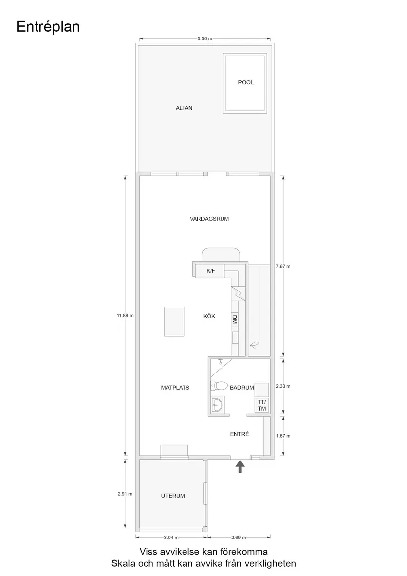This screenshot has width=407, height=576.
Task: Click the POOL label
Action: [245, 82]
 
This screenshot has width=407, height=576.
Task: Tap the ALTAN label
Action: [184, 108]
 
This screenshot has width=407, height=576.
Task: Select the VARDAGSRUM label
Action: [210, 219]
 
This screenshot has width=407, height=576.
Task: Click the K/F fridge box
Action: [210, 271]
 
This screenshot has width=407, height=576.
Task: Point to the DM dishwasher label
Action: [235, 319]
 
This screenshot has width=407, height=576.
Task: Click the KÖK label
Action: [209, 316]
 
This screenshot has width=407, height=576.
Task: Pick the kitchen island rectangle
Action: [174, 321]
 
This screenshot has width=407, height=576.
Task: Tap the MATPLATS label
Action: [175, 388]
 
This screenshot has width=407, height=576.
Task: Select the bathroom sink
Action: [216, 405]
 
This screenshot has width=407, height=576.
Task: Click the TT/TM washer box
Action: [261, 405]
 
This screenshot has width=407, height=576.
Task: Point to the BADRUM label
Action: [242, 388]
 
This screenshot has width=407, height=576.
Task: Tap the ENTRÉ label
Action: [240, 434]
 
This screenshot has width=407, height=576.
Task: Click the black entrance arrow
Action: [240, 466]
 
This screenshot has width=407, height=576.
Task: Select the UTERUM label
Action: [173, 496]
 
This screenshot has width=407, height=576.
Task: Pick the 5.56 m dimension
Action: [204, 38]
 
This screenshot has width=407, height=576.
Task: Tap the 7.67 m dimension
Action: [283, 266]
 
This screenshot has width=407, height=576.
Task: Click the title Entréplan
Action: [48, 27]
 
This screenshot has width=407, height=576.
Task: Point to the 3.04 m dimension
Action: [171, 537]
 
